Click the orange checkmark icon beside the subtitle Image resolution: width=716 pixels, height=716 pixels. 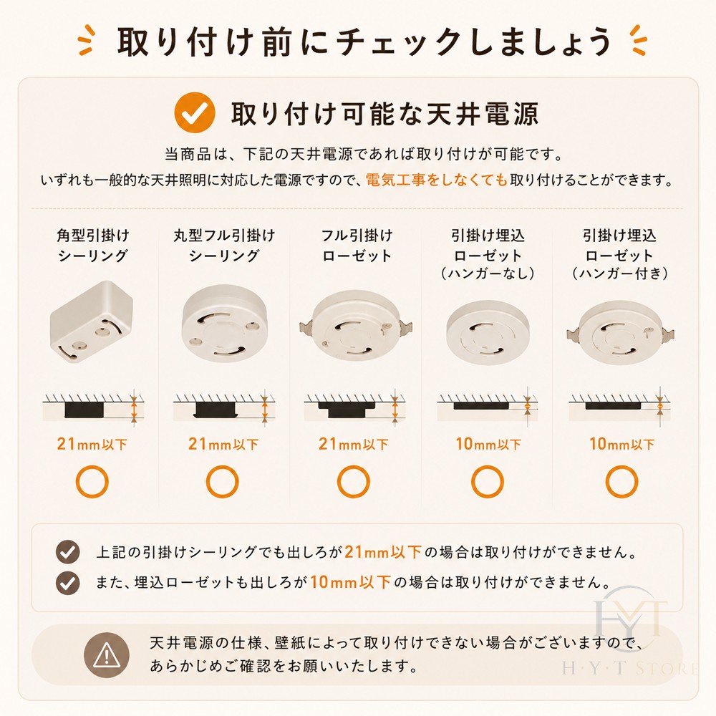click(195, 112)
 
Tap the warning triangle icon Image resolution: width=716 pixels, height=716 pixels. click(107, 655)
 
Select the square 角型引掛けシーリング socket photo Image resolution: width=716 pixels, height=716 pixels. click(92, 322)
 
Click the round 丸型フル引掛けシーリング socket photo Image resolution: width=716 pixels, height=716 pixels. click(223, 324)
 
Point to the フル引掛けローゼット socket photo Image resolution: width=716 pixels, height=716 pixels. click(356, 325)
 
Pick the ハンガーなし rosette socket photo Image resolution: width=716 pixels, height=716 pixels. click(488, 332)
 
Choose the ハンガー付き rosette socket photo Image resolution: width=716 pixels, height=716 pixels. click(620, 332)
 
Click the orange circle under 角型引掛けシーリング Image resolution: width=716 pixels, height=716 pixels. click(92, 481)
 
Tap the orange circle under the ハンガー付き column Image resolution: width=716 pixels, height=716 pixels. click(621, 481)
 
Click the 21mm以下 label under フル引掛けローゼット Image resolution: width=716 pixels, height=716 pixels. click(354, 444)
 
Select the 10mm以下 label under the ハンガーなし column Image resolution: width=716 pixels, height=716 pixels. click(488, 444)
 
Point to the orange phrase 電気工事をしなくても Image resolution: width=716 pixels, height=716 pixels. click(437, 180)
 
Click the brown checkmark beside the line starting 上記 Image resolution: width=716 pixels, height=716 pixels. click(67, 552)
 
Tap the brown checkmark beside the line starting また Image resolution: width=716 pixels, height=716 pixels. click(67, 583)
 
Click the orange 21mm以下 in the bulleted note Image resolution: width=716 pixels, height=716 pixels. click(382, 552)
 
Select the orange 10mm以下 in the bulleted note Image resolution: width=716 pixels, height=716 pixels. click(350, 582)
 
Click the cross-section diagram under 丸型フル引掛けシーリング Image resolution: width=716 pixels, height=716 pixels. click(223, 407)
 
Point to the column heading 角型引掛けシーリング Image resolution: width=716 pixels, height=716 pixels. click(92, 245)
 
